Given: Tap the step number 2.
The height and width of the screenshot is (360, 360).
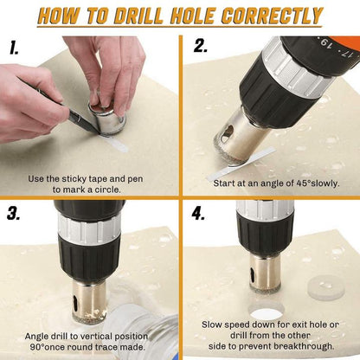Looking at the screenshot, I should coord(201,48).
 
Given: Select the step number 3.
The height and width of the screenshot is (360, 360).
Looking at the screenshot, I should coord(15,215).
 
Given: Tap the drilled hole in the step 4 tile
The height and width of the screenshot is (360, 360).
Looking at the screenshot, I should coord(265,313).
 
